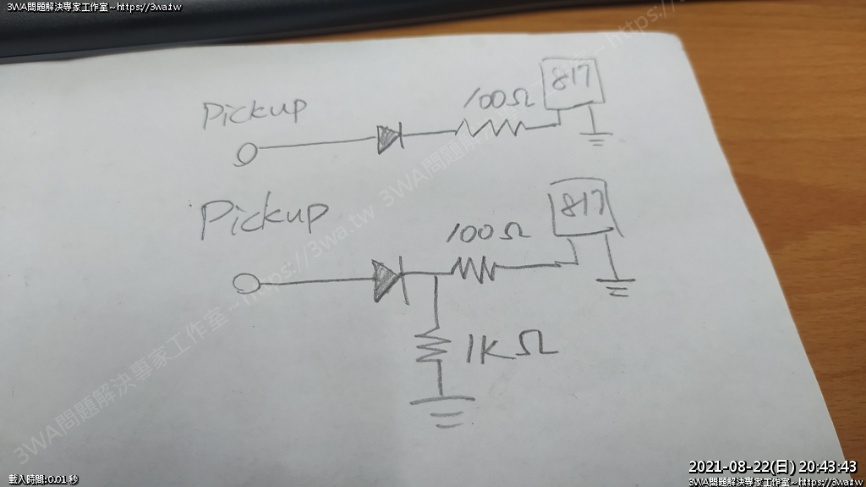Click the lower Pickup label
(263, 217)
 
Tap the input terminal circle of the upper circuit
(246, 153)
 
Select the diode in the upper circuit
(388, 137)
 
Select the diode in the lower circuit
(386, 278)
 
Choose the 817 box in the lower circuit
(584, 208)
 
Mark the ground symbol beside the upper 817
(599, 136)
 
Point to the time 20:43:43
(828, 467)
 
